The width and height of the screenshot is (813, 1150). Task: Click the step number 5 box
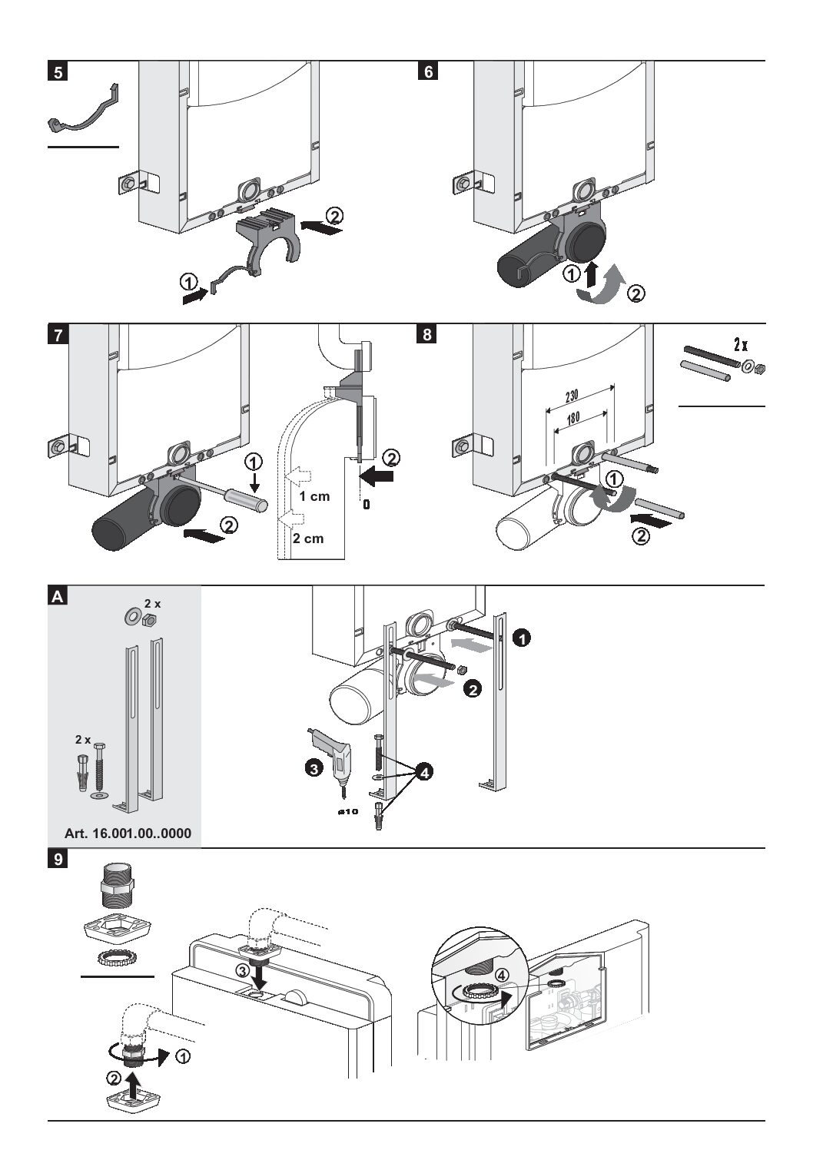coord(58,72)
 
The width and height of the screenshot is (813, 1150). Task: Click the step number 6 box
coord(428,72)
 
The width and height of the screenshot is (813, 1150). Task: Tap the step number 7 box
coord(58,336)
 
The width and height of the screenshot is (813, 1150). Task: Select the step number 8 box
coord(428,336)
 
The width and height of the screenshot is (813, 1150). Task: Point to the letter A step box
coord(58,597)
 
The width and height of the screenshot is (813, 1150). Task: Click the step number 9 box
coord(58,859)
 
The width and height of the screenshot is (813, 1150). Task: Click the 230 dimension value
coord(571,397)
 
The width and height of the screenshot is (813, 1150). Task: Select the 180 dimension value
coord(572,419)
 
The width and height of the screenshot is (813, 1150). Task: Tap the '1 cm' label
coord(314,496)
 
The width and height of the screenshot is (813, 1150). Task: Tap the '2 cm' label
coord(307,538)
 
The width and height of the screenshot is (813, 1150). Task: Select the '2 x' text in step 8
coord(740,344)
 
